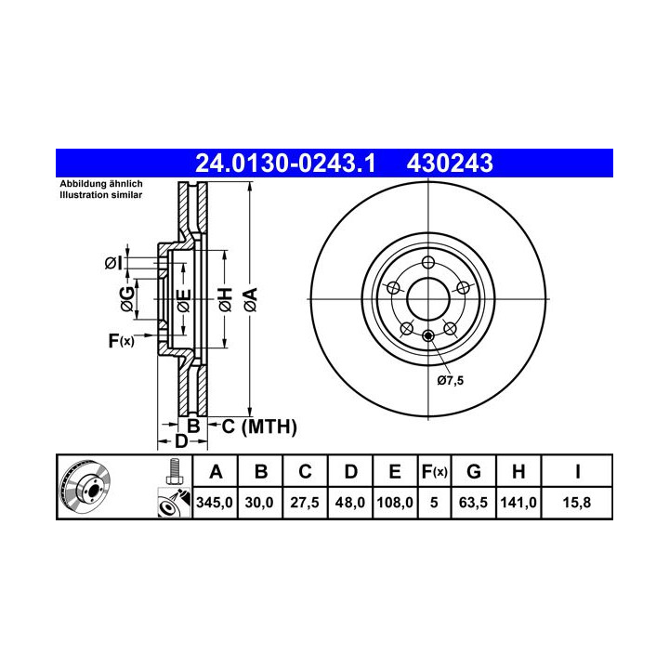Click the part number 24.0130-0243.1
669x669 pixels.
[285, 163]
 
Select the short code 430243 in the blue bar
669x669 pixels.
[450, 163]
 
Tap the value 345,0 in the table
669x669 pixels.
[215, 502]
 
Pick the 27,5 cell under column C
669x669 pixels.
[305, 502]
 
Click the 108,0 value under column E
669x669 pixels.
[395, 502]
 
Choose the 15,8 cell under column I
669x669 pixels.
[576, 502]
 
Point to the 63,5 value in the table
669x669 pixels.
[473, 502]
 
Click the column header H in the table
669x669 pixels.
[518, 471]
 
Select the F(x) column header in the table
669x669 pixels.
[434, 471]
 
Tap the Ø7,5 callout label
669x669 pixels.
[450, 380]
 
